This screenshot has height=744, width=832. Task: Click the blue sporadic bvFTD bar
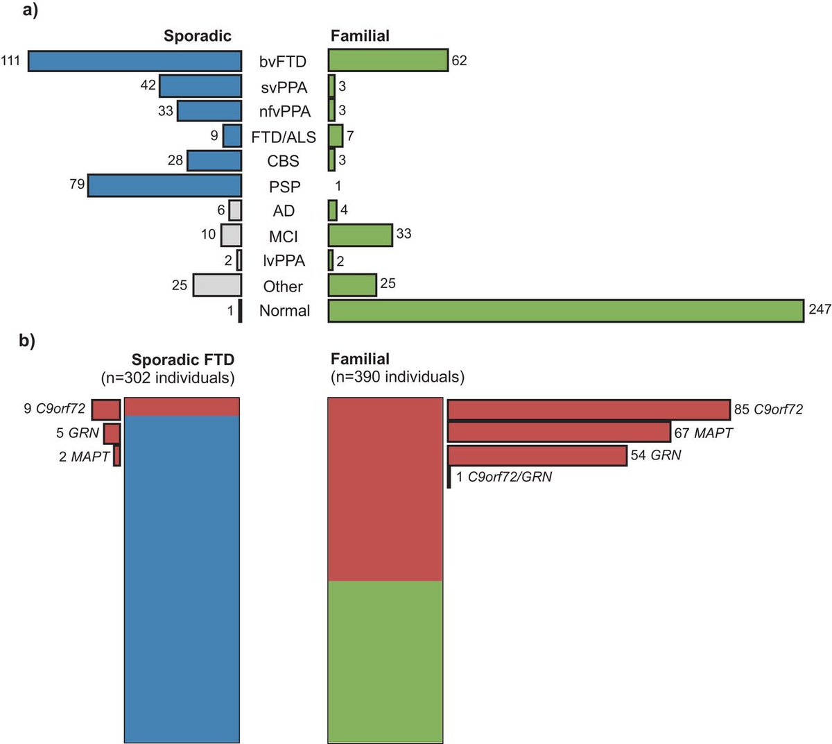(x=135, y=61)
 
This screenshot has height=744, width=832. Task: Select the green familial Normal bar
(x=566, y=311)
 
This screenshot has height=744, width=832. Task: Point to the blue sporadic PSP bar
(x=164, y=186)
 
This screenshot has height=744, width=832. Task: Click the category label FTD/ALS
(x=284, y=137)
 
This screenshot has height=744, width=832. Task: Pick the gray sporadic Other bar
(x=217, y=285)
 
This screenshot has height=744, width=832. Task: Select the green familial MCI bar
(x=360, y=235)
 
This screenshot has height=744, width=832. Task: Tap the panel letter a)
(x=29, y=11)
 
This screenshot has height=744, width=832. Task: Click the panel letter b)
(x=29, y=341)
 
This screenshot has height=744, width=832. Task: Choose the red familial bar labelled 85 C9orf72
(x=589, y=409)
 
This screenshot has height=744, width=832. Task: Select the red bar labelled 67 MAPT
(x=559, y=432)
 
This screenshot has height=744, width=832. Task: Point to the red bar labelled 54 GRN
(x=537, y=455)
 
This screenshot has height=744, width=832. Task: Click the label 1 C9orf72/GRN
(x=504, y=477)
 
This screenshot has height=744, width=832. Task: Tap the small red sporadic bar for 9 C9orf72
(x=106, y=409)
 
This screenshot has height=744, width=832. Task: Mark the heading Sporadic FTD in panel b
(x=183, y=360)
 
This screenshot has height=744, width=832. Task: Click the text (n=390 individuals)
(x=397, y=377)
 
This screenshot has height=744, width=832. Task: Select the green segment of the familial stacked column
(x=385, y=661)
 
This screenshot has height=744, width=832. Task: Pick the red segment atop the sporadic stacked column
(x=182, y=407)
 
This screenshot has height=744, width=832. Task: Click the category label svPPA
(x=284, y=87)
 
